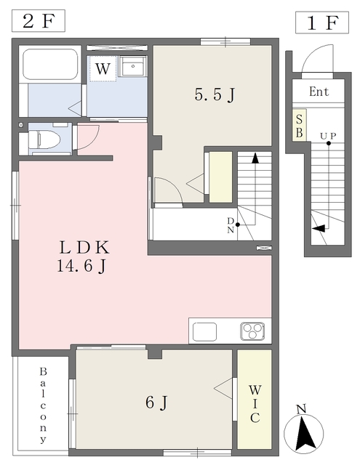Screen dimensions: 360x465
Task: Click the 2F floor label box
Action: (39, 21)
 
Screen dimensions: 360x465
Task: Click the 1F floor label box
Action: (322, 23)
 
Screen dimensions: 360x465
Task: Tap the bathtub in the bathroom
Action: (50, 65)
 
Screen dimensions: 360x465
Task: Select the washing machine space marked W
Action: (103, 68)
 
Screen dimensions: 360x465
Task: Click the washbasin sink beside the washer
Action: (132, 66)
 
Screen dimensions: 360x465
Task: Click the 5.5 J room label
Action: (215, 95)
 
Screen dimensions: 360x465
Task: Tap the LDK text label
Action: (84, 248)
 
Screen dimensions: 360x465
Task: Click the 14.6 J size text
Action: (81, 267)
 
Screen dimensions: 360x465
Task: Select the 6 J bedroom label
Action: (156, 403)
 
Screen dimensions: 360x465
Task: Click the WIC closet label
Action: (255, 404)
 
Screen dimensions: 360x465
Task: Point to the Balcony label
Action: (44, 405)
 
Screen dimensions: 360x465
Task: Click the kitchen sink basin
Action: (204, 331)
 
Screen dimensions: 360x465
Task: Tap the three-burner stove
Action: (252, 331)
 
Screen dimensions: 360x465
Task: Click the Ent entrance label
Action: (319, 92)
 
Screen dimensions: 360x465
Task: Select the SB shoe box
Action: (299, 125)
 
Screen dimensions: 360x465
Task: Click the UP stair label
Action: (328, 136)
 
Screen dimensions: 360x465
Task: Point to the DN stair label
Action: (231, 225)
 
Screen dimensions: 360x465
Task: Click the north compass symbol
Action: (303, 429)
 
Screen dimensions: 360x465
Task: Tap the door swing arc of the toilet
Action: (92, 140)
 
